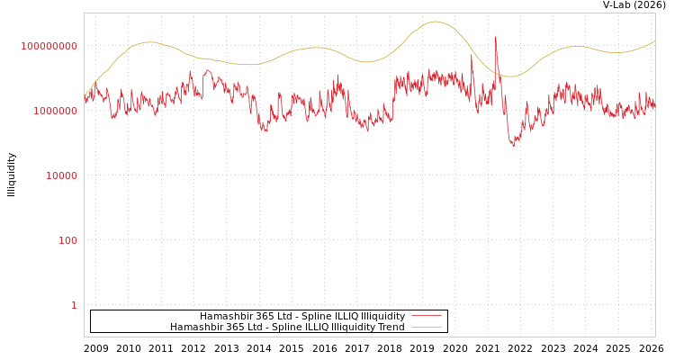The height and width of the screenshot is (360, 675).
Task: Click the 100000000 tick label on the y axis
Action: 49,46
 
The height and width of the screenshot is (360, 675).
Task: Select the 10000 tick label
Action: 62,175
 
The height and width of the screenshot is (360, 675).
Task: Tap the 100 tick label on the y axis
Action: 68,240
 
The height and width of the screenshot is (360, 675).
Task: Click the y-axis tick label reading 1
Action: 74,305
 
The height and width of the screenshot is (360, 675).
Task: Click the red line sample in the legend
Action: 426,317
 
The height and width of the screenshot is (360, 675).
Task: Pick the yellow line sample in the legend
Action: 426,328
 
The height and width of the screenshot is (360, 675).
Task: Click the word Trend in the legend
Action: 391,328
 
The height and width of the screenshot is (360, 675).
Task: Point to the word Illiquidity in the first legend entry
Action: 382,317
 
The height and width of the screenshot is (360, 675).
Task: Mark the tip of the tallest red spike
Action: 495,37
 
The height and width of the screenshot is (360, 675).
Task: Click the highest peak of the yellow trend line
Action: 436,22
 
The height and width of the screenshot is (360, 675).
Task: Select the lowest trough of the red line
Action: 513,146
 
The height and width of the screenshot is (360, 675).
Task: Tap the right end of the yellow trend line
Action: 654,40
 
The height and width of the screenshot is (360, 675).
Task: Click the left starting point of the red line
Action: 85,101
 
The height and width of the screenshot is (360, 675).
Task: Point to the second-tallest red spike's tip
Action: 472,53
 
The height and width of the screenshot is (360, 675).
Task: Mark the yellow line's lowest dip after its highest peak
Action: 509,76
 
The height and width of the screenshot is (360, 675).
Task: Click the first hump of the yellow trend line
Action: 148,41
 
